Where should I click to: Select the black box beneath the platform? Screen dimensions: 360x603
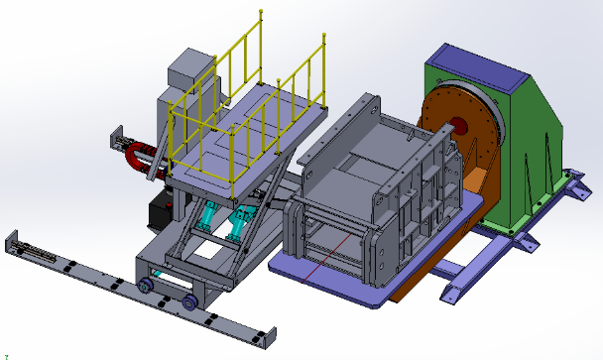pyautogui.click(x=162, y=209)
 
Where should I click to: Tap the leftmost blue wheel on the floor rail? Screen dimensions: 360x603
pyautogui.click(x=146, y=286)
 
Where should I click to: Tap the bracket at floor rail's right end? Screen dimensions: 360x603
pyautogui.click(x=263, y=338)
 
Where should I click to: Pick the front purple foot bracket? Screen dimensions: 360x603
pyautogui.click(x=456, y=292)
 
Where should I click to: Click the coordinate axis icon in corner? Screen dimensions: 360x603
pyautogui.click(x=8, y=354)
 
